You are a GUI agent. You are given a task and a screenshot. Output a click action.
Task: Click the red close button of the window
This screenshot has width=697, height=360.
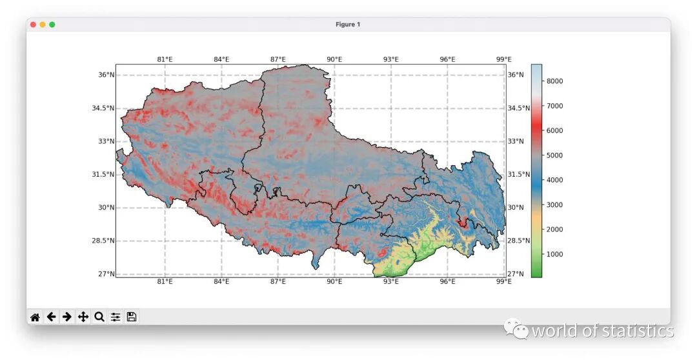coord(33,25)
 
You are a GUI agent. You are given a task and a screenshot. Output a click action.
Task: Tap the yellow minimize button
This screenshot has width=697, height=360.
coord(43,25)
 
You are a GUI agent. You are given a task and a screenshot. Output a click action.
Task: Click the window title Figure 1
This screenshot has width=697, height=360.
coord(348,25)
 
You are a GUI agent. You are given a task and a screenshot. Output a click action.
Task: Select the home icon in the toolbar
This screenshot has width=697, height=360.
coord(35,317)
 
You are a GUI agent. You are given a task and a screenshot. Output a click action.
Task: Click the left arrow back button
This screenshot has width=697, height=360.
coord(51,317)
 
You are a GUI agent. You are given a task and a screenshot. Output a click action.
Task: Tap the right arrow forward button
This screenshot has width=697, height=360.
coord(66,317)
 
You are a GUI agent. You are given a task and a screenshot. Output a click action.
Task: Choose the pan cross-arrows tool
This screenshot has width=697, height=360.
coord(83,317)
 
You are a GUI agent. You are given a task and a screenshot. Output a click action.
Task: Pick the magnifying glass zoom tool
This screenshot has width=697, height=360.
coord(99,317)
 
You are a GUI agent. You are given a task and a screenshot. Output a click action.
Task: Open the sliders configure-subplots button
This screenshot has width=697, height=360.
coord(116,317)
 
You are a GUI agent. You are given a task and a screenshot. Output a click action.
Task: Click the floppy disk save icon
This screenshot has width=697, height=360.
coord(132,317)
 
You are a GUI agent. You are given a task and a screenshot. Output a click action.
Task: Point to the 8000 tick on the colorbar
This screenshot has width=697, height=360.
coord(555,81)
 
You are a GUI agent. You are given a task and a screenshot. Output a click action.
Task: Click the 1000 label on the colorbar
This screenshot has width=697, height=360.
coord(555,254)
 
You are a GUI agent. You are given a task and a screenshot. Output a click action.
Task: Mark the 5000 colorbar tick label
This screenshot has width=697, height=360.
coord(555,155)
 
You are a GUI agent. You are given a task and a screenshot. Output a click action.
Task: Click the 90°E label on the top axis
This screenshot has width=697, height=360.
coord(334,59)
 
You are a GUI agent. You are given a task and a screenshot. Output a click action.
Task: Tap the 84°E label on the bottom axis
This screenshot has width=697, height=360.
coord(221,281)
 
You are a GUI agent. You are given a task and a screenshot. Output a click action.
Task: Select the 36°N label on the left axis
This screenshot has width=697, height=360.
coord(106,75)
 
